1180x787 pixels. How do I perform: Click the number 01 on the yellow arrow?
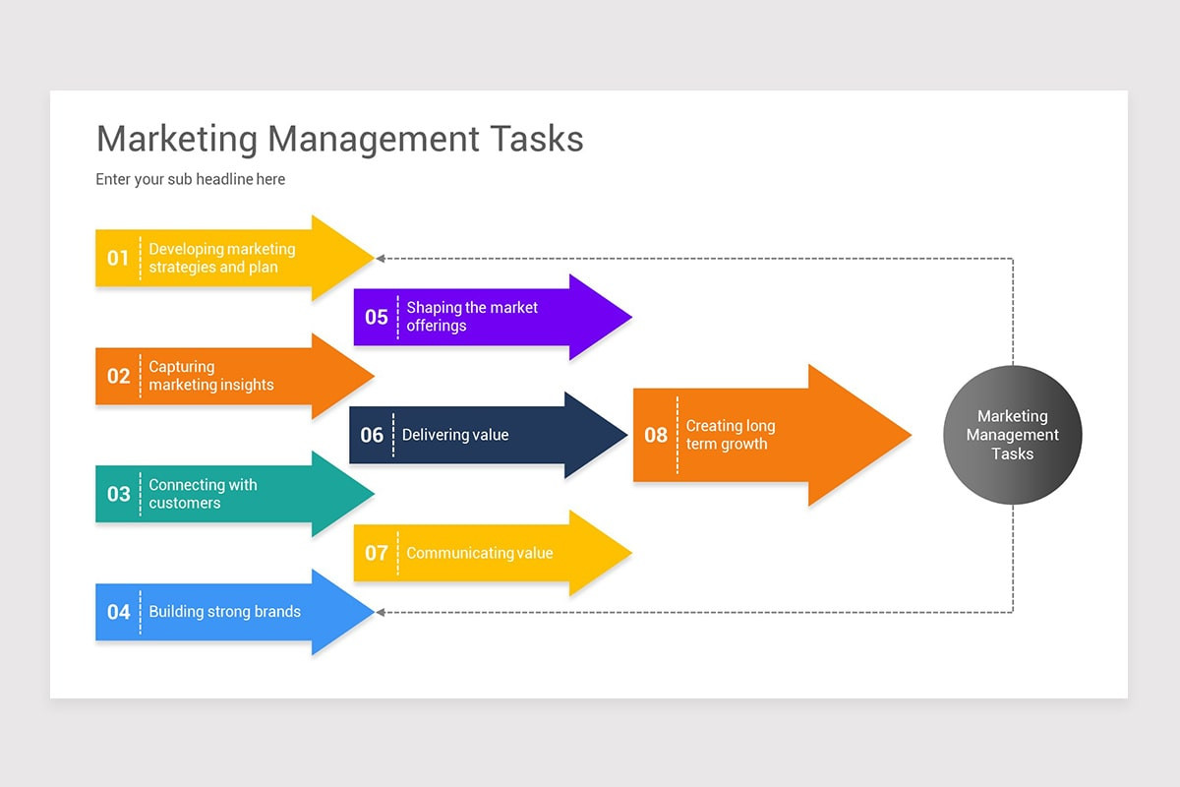pyautogui.click(x=118, y=259)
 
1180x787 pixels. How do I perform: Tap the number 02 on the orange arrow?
pyautogui.click(x=118, y=376)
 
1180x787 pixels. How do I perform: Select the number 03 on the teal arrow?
pyautogui.click(x=118, y=494)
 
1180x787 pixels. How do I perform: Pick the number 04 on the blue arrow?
pyautogui.click(x=118, y=612)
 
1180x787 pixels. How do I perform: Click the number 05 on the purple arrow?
pyautogui.click(x=376, y=317)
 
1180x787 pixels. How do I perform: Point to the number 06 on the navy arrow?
pyautogui.click(x=372, y=435)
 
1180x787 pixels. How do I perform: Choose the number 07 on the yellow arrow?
pyautogui.click(x=376, y=553)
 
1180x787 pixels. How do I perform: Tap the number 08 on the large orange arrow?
pyautogui.click(x=656, y=435)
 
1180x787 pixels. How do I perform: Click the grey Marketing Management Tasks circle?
pyautogui.click(x=1013, y=435)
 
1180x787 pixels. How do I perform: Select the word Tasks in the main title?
pyautogui.click(x=537, y=139)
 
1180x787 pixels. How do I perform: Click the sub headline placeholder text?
pyautogui.click(x=190, y=179)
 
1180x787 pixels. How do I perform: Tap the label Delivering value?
pyautogui.click(x=455, y=435)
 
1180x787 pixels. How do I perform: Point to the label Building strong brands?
pyautogui.click(x=225, y=612)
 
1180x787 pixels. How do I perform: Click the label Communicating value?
pyautogui.click(x=480, y=553)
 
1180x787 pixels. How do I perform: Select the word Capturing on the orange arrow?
pyautogui.click(x=182, y=367)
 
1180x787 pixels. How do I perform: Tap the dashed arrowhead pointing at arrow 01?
pyautogui.click(x=380, y=259)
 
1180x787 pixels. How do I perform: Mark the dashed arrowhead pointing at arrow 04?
pyautogui.click(x=380, y=612)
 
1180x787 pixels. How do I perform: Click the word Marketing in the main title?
pyautogui.click(x=177, y=140)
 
